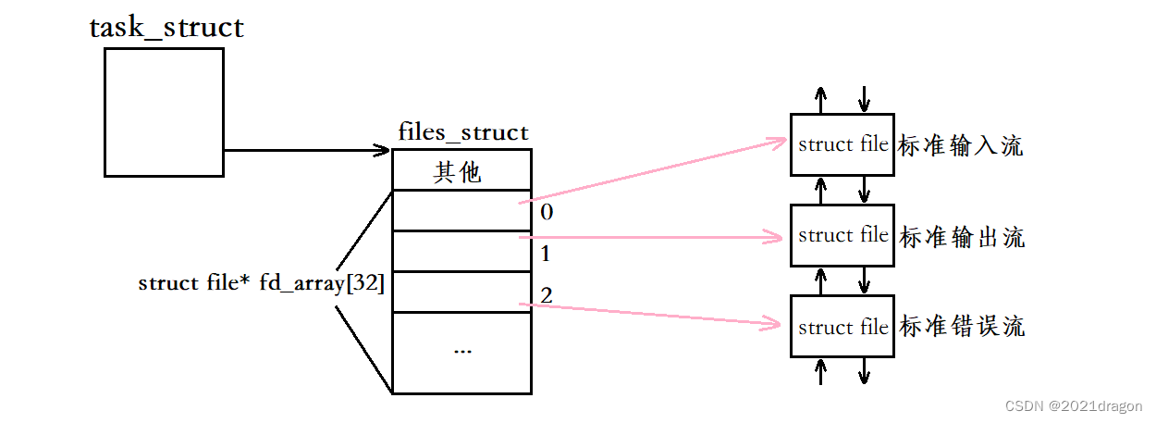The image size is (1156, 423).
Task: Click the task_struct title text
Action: click(166, 28)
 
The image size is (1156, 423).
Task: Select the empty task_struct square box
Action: click(164, 112)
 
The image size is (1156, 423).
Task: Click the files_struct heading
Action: click(463, 131)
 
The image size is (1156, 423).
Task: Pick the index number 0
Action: click(547, 212)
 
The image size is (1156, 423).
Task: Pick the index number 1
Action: click(547, 254)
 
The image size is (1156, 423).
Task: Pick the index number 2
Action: click(547, 296)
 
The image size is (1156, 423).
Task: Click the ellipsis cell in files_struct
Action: click(462, 353)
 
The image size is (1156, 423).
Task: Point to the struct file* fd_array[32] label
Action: click(262, 283)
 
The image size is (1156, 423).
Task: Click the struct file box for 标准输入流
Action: click(842, 144)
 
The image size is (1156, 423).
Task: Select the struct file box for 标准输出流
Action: click(842, 235)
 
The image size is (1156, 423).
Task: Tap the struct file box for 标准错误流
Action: click(842, 327)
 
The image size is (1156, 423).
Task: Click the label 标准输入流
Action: click(962, 146)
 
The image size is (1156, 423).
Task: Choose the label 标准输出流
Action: click(962, 237)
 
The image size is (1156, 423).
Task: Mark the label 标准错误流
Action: click(962, 327)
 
